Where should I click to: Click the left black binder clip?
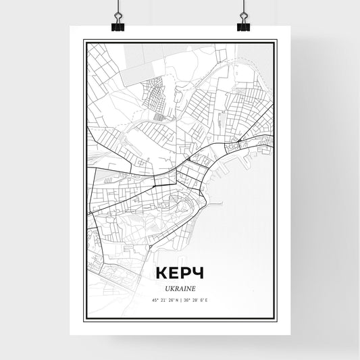pos(117,26)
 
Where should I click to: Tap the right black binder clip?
pos(243,26)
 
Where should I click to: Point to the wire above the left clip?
pos(117,8)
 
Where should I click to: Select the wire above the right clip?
pos(243,8)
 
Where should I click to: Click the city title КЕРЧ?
pos(179,273)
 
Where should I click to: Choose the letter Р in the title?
pos(186,273)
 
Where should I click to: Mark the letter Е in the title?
pos(174,273)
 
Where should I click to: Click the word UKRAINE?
pos(180,288)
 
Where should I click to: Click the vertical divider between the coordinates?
pos(180,300)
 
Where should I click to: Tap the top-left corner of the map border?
pos(84,41)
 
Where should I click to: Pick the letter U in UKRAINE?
pos(166,288)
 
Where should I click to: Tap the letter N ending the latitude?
pos(177,300)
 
